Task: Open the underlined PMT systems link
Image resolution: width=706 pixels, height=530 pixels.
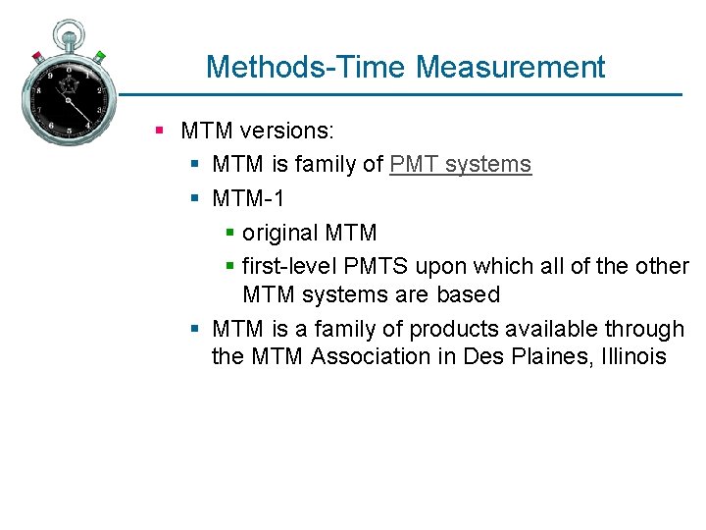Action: click(x=460, y=165)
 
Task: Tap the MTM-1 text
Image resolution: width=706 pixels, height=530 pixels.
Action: click(x=248, y=199)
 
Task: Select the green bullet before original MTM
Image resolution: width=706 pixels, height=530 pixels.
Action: click(x=229, y=234)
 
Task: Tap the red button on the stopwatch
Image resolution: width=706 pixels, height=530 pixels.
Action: click(x=37, y=56)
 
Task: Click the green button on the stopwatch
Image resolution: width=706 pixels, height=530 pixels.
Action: click(x=99, y=56)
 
